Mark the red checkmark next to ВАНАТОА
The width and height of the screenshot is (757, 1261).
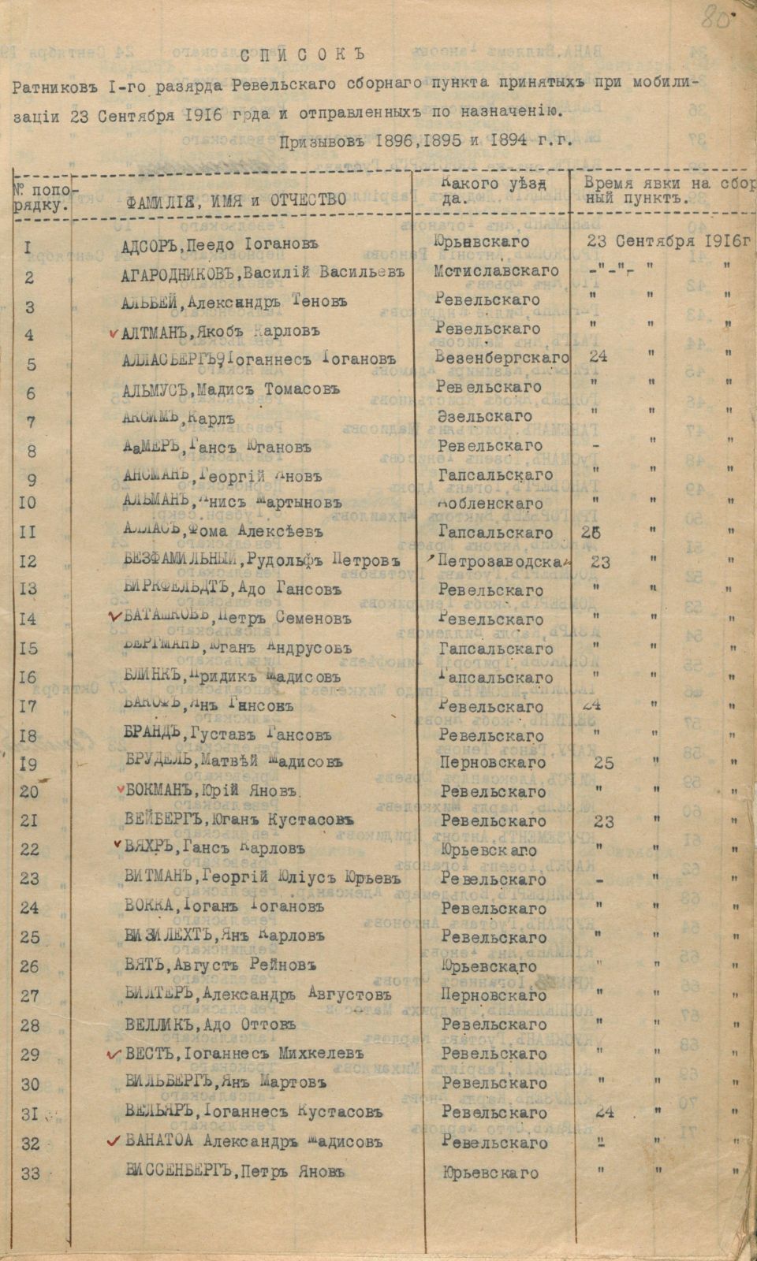[x=115, y=1140]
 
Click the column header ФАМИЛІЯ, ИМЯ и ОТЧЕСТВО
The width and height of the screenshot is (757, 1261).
[x=236, y=199]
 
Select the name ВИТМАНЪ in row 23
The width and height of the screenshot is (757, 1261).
[x=158, y=878]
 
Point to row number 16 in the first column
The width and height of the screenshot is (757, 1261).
[x=28, y=677]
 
